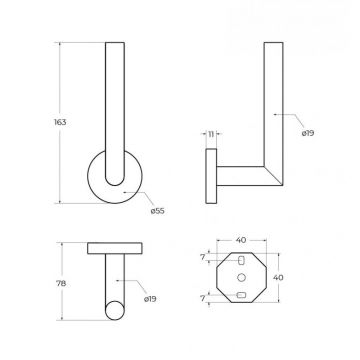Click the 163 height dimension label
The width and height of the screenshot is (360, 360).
60,122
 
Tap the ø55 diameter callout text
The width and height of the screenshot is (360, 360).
157,211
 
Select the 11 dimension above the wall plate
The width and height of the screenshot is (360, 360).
211,134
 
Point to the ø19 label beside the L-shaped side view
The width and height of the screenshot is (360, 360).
308,133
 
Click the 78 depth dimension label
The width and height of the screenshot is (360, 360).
61,284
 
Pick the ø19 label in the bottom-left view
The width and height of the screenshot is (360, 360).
150,299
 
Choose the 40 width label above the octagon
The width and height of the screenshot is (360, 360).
241,240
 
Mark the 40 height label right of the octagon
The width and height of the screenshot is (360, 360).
278,278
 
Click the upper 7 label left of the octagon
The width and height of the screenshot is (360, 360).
203,257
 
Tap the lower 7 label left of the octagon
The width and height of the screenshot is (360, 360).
203,299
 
